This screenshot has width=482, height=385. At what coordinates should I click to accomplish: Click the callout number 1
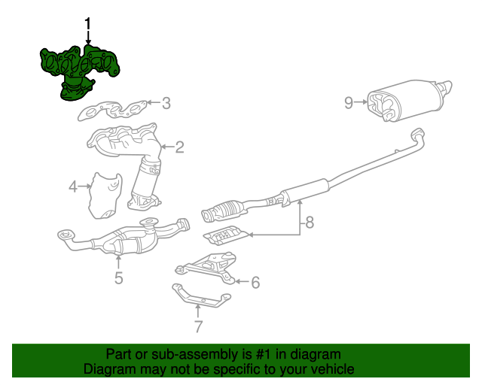[88, 26]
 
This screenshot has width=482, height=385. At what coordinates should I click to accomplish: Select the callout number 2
[179, 147]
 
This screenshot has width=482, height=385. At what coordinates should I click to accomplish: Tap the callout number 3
[166, 103]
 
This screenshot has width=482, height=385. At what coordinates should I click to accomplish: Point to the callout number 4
[73, 186]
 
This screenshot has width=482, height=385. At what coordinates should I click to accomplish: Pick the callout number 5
[118, 279]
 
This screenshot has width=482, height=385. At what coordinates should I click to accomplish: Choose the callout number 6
[255, 283]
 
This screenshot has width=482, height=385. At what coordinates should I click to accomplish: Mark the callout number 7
[198, 326]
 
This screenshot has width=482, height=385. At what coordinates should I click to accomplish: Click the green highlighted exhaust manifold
[79, 68]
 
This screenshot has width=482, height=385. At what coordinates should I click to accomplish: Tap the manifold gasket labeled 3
[113, 111]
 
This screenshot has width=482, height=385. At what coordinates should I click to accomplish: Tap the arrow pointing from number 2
[166, 147]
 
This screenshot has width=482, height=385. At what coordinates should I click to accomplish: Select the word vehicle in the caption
[331, 369]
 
